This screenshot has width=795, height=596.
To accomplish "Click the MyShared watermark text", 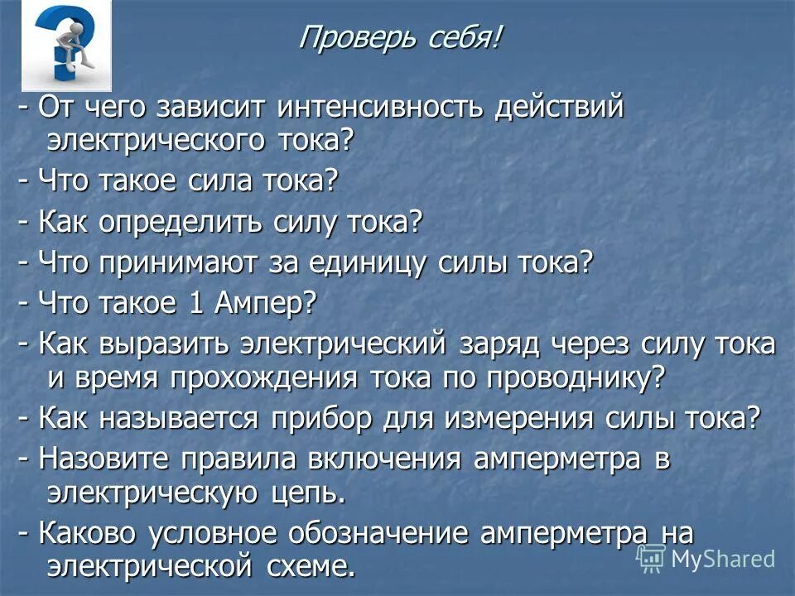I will point(722,559).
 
